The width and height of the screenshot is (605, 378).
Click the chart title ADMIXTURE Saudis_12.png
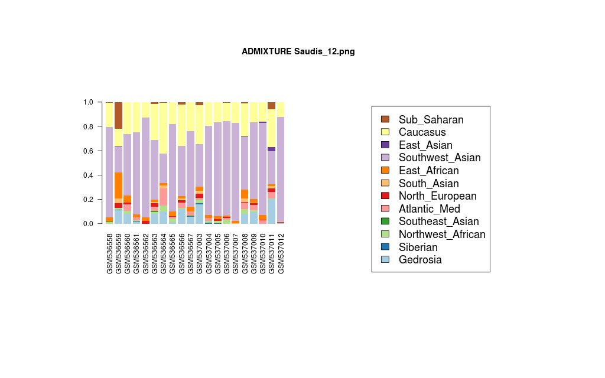pos(298,51)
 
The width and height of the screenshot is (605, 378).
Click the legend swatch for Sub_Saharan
pos(385,119)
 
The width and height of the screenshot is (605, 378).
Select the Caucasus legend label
pos(422,132)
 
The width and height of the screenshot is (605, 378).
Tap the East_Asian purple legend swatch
pos(385,145)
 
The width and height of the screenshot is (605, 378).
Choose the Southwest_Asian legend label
pos(439,158)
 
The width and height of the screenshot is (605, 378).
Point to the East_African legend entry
pos(428,171)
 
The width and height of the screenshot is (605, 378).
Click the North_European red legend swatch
pos(385,196)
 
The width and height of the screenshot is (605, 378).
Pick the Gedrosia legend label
pos(419,260)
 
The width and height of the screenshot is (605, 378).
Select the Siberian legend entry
pos(418,247)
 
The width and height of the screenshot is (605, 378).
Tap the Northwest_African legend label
pos(441,234)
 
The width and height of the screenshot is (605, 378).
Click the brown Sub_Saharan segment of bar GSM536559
pos(119,115)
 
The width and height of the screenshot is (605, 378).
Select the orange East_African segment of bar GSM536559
pos(119,185)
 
